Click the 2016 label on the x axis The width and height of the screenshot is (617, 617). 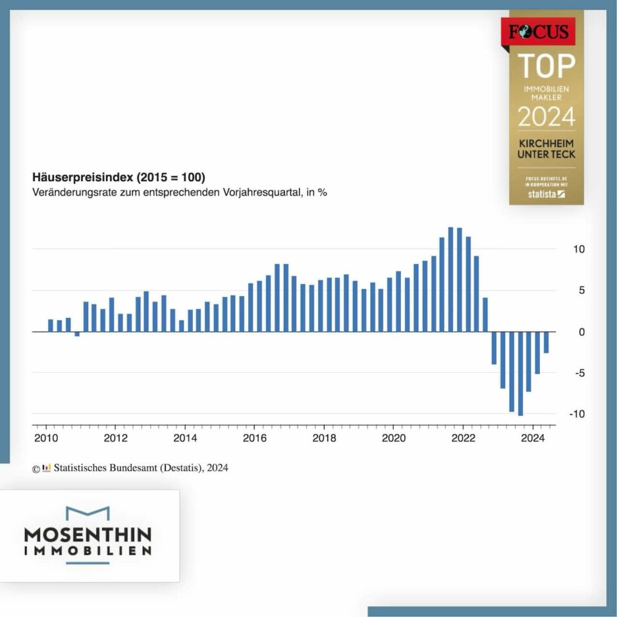pos(254,439)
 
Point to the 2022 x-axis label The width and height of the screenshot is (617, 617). pos(463,439)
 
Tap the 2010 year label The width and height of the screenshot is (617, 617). pos(46,439)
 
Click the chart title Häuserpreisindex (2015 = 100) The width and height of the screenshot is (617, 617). pos(119,177)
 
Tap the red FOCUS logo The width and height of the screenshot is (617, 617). pos(538,31)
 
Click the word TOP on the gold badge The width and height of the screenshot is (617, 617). pos(546,66)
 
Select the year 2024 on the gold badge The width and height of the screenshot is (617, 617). pos(546,118)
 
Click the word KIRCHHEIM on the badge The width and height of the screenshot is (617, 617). pos(546,143)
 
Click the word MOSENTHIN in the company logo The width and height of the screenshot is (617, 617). pos(88,535)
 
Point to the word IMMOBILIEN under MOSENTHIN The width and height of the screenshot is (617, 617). pos(88,551)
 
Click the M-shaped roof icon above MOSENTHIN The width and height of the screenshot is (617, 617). pos(88,513)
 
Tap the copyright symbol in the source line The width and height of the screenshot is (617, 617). pos(36,469)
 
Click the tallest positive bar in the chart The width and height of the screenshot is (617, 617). pos(451,279)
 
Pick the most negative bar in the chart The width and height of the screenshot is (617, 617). pos(520,373)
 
